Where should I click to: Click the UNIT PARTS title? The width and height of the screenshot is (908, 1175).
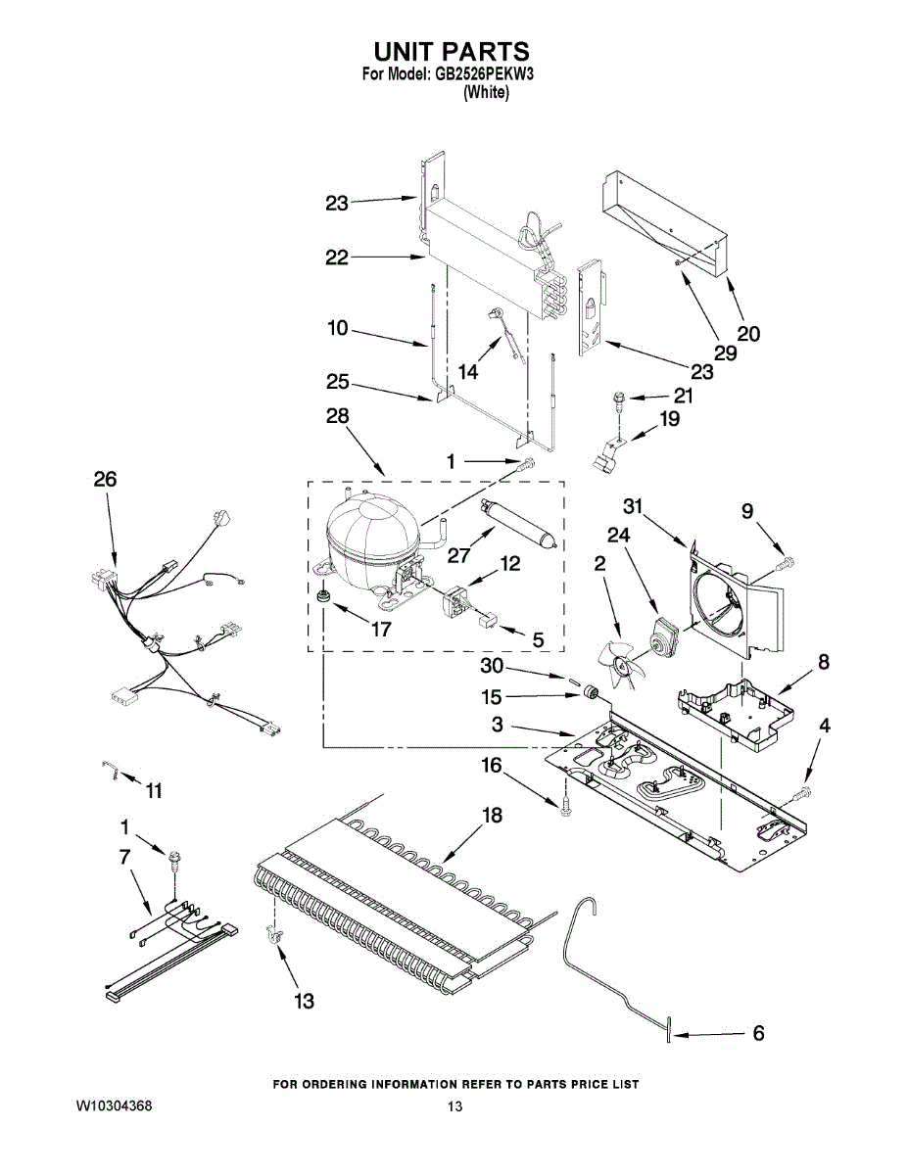click(452, 51)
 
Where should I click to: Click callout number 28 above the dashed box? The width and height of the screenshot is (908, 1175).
click(337, 416)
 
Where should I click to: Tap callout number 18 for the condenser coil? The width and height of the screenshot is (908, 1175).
click(492, 816)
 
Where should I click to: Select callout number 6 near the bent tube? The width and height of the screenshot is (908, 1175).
click(758, 1032)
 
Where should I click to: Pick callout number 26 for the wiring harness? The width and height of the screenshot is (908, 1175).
click(105, 479)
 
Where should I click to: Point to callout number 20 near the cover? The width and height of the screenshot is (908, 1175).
click(748, 333)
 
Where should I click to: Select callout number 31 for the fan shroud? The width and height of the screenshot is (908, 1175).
click(633, 505)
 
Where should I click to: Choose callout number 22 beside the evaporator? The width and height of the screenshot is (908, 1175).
click(337, 258)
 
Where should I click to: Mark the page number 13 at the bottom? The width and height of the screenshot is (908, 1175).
click(454, 1106)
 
